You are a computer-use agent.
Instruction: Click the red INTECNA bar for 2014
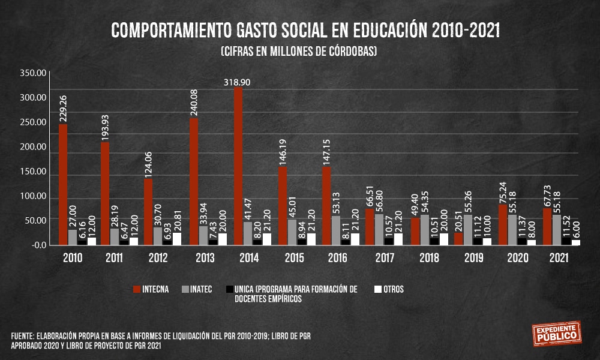click(238, 166)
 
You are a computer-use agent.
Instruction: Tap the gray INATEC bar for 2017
click(379, 229)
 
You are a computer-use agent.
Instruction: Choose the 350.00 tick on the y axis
click(32, 73)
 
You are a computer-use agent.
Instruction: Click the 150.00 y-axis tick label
click(32, 172)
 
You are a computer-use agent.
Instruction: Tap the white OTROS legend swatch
click(378, 289)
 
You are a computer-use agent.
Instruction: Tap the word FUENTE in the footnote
click(23, 335)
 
